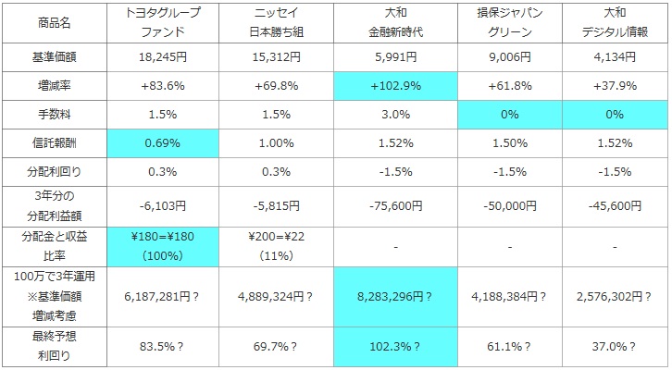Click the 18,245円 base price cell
click(x=162, y=56)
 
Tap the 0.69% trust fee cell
click(x=162, y=143)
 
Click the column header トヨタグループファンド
click(x=162, y=20)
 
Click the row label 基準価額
click(x=53, y=56)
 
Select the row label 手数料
click(x=53, y=115)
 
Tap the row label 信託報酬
click(x=53, y=143)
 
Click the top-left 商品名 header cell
click(x=53, y=20)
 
